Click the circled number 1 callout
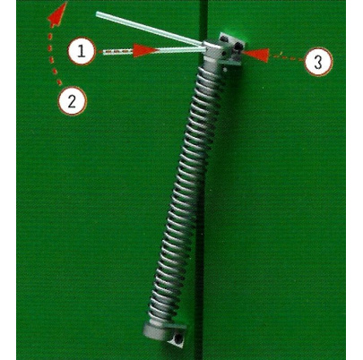[x=82, y=51]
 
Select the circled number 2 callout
[x=73, y=100]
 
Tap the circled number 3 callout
[x=318, y=63]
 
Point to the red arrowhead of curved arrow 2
[x=58, y=15]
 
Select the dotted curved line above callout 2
[x=53, y=58]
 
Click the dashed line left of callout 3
[x=287, y=56]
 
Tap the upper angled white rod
[x=150, y=29]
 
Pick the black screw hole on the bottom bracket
[x=178, y=339]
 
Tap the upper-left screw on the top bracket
[x=224, y=38]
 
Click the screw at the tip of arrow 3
[x=238, y=46]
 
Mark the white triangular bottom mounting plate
[x=177, y=335]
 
